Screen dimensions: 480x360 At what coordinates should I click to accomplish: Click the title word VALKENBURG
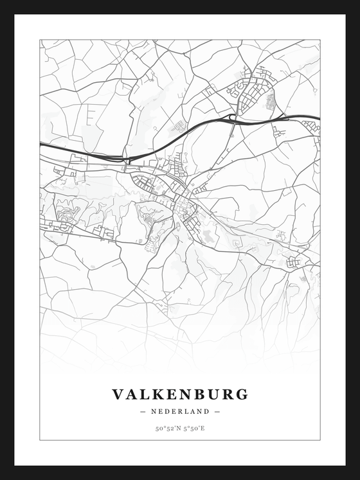pos(180,394)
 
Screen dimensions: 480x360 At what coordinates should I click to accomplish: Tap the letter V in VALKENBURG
pos(119,394)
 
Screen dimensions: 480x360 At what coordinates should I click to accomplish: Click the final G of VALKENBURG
pos(241,394)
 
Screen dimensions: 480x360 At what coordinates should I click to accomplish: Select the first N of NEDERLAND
pos(154,411)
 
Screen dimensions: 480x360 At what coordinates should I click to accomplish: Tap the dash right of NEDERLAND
pos(217,411)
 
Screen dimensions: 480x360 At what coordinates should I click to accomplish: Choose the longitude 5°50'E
pos(194,428)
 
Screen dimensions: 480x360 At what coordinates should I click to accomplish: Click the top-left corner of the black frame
pos(2,2)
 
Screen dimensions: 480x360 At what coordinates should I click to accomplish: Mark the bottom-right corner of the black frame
pos(357,477)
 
